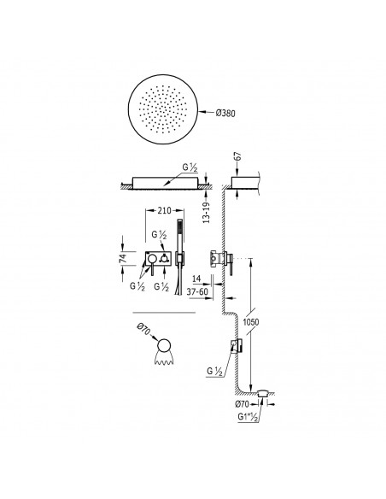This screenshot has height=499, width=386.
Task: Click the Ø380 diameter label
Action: pos(225,113)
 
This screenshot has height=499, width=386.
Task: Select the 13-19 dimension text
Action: pos(207,213)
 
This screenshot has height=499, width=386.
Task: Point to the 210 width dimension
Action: pos(164,210)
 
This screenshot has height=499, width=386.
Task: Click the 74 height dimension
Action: pos(123,258)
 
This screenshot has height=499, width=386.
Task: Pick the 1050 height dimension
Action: pos(251,322)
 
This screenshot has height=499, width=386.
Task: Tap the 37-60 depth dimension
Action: pos(197,291)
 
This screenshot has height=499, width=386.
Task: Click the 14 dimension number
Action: pos(196,279)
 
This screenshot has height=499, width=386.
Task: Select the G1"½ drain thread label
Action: pos(248,417)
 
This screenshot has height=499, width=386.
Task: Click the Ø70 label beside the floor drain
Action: pos(243,404)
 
